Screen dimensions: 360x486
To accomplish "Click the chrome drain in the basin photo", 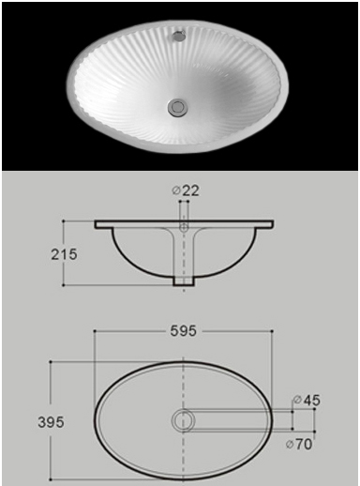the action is [x=177, y=107].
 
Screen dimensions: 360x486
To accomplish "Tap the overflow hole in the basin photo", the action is [x=178, y=36].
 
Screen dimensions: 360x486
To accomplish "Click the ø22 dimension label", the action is [x=186, y=190].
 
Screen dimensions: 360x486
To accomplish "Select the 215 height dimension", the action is [x=64, y=254].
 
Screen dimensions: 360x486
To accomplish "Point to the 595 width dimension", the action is [x=184, y=330].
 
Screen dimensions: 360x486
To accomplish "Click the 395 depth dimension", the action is [x=51, y=422].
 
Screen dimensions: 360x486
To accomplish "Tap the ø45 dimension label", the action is [x=307, y=400].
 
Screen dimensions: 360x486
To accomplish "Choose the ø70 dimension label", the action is [x=299, y=444].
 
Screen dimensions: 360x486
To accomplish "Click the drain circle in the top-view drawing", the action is [x=184, y=420].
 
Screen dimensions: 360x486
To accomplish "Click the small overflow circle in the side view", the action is [x=184, y=227].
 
